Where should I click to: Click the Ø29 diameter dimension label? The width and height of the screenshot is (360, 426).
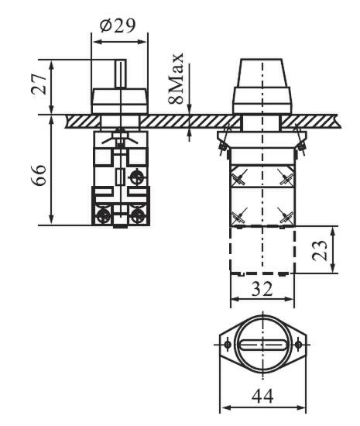118,26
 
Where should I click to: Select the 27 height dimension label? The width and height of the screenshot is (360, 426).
39,84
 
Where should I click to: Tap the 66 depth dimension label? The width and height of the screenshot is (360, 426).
39,175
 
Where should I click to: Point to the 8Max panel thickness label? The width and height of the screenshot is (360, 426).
176,79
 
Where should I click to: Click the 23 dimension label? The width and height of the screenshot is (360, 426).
320,250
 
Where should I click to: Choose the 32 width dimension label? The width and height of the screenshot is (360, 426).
262,289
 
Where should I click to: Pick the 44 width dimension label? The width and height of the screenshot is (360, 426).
262,396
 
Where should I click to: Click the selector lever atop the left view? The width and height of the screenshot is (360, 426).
121,74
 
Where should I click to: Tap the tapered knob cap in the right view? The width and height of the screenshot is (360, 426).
262,73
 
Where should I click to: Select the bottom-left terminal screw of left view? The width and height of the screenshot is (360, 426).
103,216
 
